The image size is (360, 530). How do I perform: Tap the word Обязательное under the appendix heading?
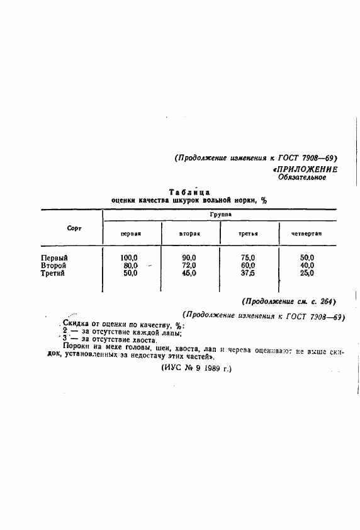pyautogui.click(x=302, y=178)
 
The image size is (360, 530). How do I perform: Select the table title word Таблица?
pyautogui.click(x=189, y=191)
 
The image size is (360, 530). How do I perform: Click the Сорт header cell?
pyautogui.click(x=75, y=228)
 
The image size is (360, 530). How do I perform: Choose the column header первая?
pyautogui.click(x=130, y=234)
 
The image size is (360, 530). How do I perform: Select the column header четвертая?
pyautogui.click(x=307, y=234)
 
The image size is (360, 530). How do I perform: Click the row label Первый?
pyautogui.click(x=54, y=257)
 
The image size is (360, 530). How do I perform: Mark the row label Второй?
pyautogui.click(x=53, y=265)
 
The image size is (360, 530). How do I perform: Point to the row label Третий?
pyautogui.click(x=53, y=273)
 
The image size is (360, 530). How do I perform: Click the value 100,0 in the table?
pyautogui.click(x=129, y=257)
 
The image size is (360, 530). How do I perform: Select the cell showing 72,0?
pyautogui.click(x=189, y=265)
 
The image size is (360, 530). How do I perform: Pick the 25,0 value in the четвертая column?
pyautogui.click(x=307, y=273)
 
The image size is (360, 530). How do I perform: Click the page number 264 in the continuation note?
pyautogui.click(x=325, y=301)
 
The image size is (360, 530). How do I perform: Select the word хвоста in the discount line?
pyautogui.click(x=142, y=340)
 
